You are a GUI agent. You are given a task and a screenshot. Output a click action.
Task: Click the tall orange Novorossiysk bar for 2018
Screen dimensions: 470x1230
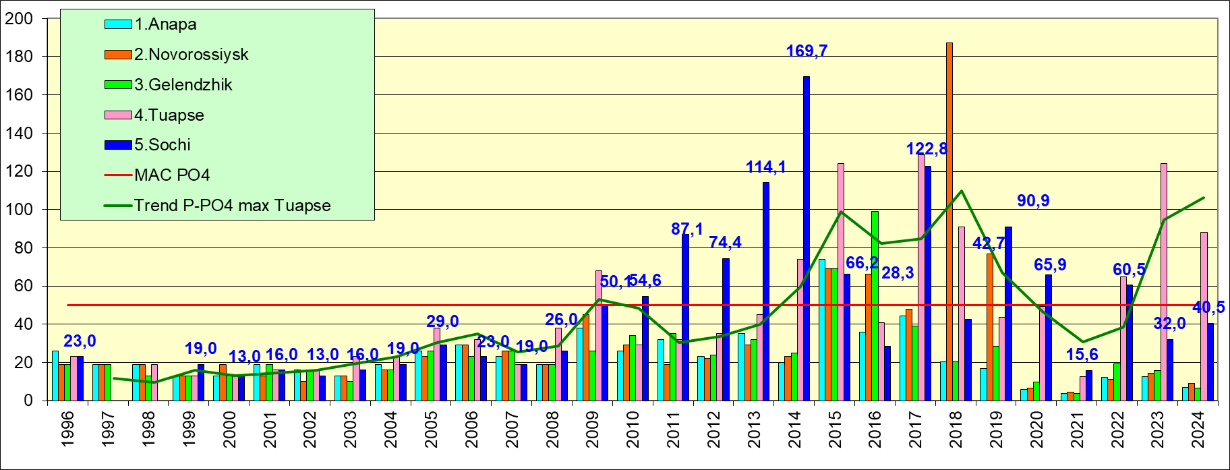(949, 223)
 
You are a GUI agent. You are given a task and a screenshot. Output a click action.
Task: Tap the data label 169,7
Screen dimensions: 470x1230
(807, 51)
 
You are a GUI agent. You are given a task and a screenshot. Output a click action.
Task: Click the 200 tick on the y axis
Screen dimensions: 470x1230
(19, 19)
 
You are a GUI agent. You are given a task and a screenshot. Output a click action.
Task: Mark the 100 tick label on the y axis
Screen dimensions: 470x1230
(19, 210)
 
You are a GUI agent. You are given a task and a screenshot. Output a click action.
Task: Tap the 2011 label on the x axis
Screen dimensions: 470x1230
(673, 430)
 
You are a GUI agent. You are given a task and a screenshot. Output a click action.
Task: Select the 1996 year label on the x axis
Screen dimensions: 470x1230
(67, 430)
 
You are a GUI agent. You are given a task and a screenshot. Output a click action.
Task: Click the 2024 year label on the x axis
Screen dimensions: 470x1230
(1198, 430)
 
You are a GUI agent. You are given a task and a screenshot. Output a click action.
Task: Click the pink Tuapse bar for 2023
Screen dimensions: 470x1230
(1164, 283)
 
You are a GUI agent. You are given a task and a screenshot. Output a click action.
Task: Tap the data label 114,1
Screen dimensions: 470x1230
(766, 167)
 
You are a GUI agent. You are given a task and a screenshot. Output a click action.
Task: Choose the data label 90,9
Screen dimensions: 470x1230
(1033, 201)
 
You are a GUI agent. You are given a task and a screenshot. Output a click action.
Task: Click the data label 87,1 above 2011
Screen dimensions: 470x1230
(686, 229)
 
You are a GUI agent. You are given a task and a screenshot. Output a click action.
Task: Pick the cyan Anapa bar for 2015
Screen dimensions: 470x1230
(822, 330)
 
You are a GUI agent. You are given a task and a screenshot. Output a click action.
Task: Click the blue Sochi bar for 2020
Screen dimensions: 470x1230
(1049, 337)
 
